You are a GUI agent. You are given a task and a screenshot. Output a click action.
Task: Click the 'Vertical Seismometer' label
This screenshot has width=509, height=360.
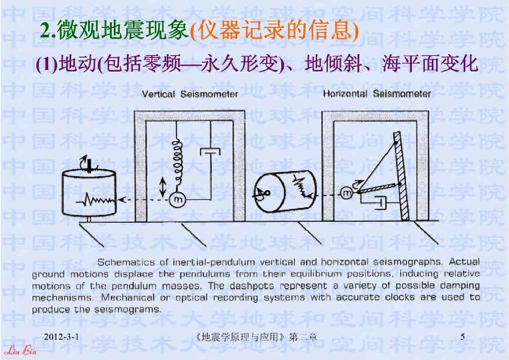click(190, 94)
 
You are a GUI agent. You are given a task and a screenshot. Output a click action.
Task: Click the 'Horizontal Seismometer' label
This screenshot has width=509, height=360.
click(377, 94)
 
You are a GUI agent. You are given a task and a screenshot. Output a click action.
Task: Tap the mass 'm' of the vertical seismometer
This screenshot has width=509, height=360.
click(177, 199)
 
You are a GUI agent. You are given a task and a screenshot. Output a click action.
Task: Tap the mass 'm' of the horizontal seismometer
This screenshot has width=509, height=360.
click(347, 193)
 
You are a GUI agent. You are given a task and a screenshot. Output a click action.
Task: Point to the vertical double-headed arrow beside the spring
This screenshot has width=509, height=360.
click(163, 187)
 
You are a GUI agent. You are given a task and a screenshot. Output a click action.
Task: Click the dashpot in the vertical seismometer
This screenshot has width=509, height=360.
click(210, 152)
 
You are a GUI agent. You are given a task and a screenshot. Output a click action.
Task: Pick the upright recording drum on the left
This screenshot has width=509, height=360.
click(89, 193)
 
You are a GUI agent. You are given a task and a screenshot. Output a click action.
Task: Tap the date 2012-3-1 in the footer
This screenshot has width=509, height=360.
click(61, 337)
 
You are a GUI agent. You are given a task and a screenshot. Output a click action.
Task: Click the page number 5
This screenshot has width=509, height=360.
click(463, 337)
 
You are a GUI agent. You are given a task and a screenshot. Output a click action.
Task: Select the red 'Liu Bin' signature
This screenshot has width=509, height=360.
click(20, 351)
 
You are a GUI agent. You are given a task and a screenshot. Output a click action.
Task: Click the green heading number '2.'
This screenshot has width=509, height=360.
click(48, 31)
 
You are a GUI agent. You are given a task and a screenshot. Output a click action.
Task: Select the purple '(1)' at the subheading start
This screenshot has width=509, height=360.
click(46, 64)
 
